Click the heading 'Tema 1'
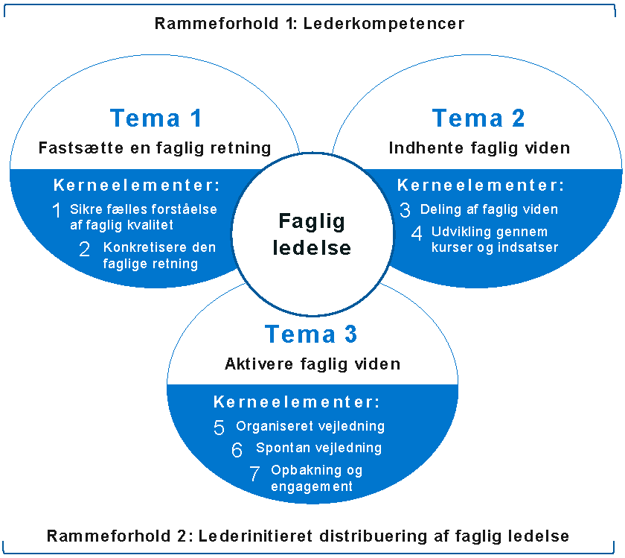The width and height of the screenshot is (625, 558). [156, 118]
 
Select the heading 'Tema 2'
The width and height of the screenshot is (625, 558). [478, 118]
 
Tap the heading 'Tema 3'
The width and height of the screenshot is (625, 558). [311, 335]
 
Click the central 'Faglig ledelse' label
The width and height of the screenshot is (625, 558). [312, 233]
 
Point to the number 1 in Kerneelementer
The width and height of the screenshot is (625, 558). [57, 211]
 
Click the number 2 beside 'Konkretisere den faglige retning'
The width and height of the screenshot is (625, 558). [84, 249]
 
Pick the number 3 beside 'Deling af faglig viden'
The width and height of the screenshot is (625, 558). [405, 210]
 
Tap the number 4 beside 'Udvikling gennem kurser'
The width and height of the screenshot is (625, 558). [417, 233]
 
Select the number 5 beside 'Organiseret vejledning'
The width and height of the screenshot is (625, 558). [219, 428]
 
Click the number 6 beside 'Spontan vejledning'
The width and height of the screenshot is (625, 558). [237, 450]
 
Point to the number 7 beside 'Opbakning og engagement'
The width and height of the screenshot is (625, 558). [254, 473]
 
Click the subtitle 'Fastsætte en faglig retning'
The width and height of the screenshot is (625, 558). [155, 148]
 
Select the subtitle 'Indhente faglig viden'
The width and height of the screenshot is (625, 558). [479, 148]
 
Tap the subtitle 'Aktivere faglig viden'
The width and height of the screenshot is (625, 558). [312, 364]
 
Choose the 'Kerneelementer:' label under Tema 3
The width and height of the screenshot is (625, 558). [297, 402]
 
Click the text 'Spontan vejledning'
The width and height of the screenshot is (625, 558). [318, 448]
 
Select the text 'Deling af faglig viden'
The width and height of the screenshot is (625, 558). [489, 209]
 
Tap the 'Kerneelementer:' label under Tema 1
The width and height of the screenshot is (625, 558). [138, 186]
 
